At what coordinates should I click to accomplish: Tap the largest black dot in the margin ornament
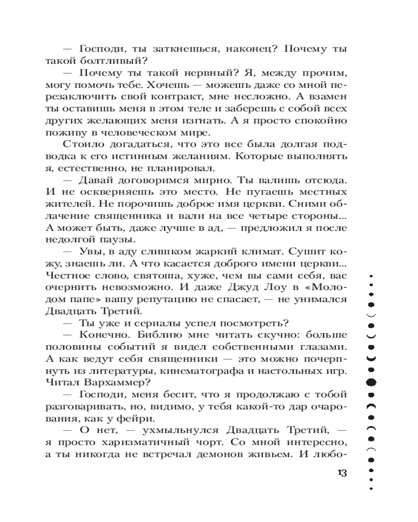coord(371,382)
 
